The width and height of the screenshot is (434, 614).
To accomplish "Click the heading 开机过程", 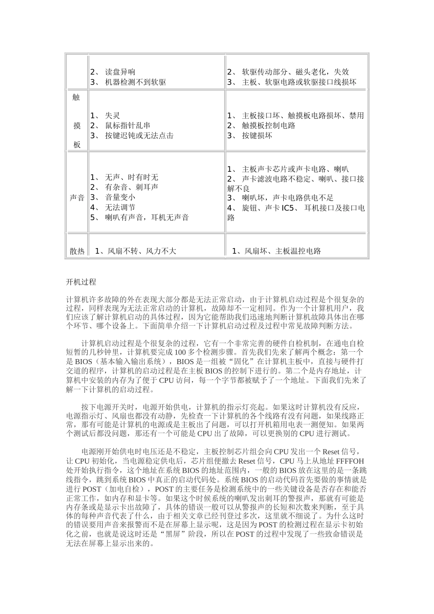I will pyautogui.click(x=81, y=282).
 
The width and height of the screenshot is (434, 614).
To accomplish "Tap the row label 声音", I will pyautogui.click(x=77, y=198).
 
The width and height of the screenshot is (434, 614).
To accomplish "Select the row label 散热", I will pyautogui.click(x=77, y=251).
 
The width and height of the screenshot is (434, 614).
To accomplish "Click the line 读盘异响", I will pyautogui.click(x=120, y=72).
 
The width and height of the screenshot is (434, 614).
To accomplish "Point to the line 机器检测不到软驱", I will pyautogui.click(x=135, y=82).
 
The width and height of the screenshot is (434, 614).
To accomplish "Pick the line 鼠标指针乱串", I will pyautogui.click(x=127, y=126).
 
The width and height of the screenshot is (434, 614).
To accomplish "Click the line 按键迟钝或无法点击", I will pyautogui.click(x=139, y=136).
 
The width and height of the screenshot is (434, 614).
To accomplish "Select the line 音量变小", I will pyautogui.click(x=120, y=197).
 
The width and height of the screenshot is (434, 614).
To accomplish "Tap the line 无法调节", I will pyautogui.click(x=120, y=207).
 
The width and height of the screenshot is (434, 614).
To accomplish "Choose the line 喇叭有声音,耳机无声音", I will pyautogui.click(x=147, y=217).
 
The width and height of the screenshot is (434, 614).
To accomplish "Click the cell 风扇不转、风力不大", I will pyautogui.click(x=135, y=251).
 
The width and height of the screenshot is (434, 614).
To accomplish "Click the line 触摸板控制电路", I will pyautogui.click(x=269, y=126).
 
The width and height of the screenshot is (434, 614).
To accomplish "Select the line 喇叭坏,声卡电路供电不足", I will pyautogui.click(x=288, y=198).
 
